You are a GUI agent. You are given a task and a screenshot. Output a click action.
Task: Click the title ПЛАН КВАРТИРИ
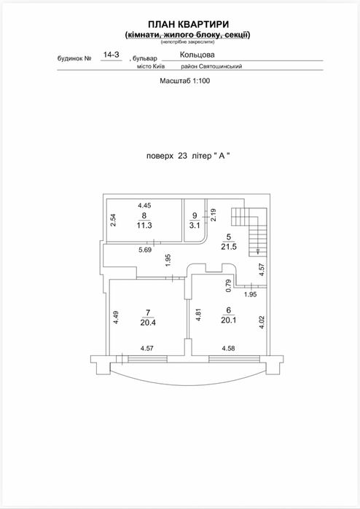pos(189,24)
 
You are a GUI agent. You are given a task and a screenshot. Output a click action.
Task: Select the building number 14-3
pos(111,55)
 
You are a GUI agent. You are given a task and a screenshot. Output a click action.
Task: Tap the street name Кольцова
pos(197,55)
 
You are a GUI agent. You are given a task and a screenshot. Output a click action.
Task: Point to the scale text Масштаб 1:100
pos(184,81)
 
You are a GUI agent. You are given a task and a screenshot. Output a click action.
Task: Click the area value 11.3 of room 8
pos(144,225)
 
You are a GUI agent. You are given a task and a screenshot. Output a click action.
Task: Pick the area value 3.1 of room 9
pos(195,225)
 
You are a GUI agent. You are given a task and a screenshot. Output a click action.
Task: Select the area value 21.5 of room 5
pos(229,247)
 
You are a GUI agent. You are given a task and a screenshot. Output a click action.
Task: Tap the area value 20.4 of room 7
pos(148,323)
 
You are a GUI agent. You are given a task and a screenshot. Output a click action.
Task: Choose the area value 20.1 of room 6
pos(229,320)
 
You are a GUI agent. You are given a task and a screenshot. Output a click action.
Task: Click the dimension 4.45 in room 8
pos(144,205)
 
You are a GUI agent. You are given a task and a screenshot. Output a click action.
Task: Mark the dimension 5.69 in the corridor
pos(145,250)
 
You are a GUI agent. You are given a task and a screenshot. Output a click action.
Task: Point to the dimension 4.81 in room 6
pos(198,315)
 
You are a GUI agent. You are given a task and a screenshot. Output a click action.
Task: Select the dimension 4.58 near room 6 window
pos(228,348)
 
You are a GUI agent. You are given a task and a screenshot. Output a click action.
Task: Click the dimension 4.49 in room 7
pos(116,317)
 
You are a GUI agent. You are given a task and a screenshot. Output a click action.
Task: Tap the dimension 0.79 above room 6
pos(228,285)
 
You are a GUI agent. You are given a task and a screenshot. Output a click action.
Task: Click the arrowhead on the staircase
pos(257,251)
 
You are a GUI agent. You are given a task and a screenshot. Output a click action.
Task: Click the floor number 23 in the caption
pos(183,156)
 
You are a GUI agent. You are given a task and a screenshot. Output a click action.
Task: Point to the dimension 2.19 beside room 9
pos(214,215)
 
